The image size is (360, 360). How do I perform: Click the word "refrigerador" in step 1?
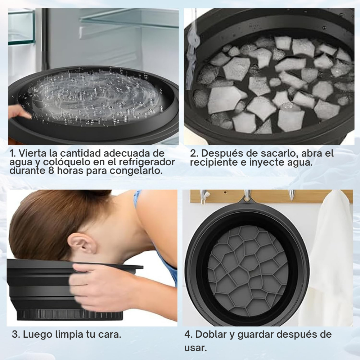tap(147, 162)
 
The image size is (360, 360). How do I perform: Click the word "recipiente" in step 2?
tap(214, 163)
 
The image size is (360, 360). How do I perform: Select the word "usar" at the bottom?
tap(195, 348)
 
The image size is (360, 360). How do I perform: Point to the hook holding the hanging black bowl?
tap(247, 195)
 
